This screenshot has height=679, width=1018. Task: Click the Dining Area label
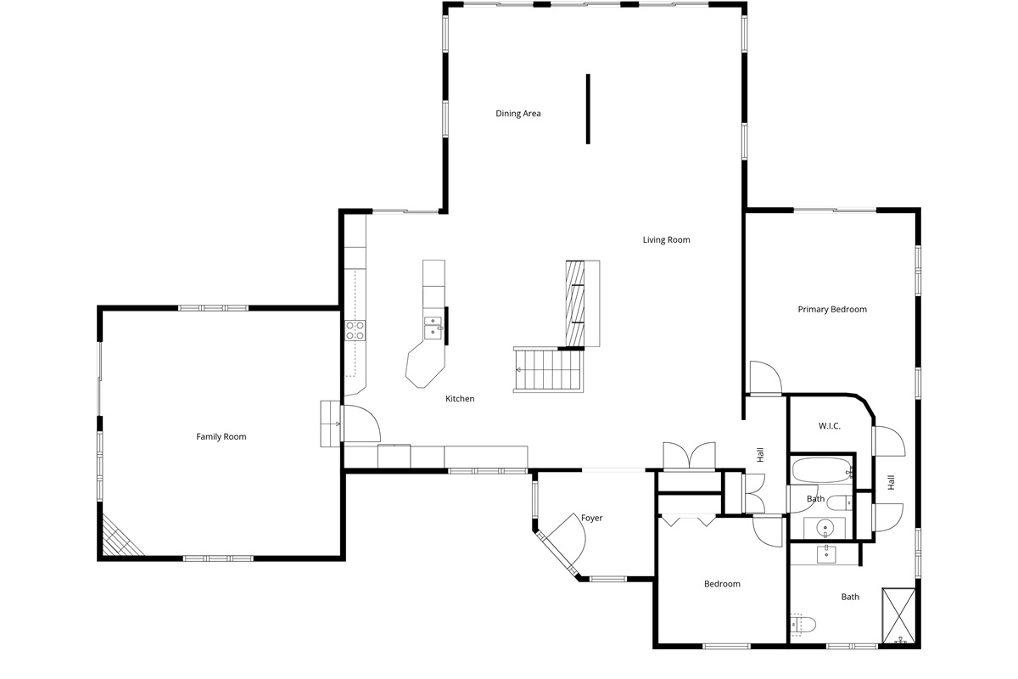pos(518,113)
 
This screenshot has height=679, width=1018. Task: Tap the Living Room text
pos(666,239)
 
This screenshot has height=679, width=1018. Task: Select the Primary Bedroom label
pos(832,309)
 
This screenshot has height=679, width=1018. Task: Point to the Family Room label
pos(221,436)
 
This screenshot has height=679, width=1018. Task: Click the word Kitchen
pos(460,398)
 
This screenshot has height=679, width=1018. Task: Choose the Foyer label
pos(592,518)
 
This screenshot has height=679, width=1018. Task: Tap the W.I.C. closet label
pos(830,426)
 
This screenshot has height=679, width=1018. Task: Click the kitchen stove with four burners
pos(355,330)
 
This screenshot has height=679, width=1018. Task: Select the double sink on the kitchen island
pos(433,328)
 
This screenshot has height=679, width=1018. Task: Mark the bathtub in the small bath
pos(822,470)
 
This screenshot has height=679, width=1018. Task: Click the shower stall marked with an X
pos(898,616)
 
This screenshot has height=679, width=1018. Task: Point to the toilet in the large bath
pos(803,625)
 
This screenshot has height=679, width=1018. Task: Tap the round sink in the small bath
pos(825,528)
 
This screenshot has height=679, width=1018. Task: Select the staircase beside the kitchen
pos(549,370)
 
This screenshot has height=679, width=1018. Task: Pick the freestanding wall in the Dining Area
pos(588,109)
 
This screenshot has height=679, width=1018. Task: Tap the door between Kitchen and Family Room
pos(361,424)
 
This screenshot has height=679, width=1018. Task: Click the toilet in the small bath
pos(839,503)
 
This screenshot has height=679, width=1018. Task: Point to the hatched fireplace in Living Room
pos(575,303)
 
